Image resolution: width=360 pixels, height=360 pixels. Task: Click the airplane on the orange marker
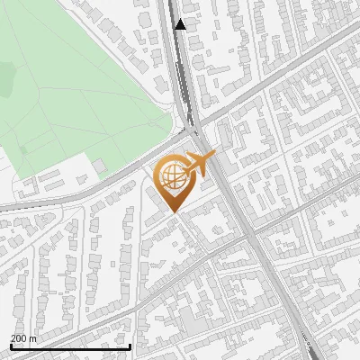200,164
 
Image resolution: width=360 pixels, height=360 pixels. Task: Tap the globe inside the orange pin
171,177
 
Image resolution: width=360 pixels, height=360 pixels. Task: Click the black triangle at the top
181,24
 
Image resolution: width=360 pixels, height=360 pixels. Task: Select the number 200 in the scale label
18,337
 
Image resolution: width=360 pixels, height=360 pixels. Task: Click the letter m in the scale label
33,337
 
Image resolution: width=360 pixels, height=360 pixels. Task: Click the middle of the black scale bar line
70,346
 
